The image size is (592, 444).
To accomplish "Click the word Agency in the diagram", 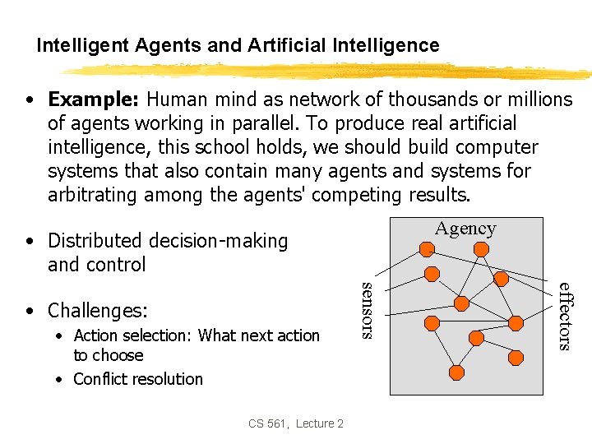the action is (x=465, y=229).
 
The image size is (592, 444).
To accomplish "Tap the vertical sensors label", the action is (x=368, y=309).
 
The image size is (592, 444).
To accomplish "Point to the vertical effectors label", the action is (x=564, y=316).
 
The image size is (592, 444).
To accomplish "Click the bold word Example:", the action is (x=94, y=99).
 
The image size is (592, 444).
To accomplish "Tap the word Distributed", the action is (x=95, y=241).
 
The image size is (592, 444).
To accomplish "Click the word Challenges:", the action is (x=98, y=311).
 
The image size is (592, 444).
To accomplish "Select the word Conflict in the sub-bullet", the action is (x=97, y=379).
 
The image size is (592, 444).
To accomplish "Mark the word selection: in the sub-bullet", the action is (x=159, y=335).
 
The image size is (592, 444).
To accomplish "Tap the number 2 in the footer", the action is (x=340, y=423).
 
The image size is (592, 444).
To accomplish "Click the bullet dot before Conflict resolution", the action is (x=61, y=379).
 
